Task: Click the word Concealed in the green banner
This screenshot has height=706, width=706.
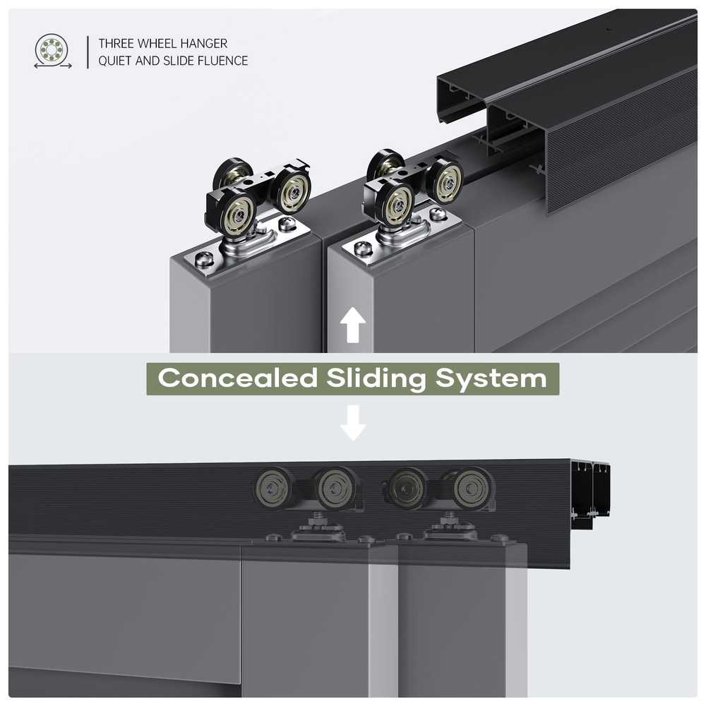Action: pos(238,378)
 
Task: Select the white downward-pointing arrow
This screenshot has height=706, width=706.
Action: pos(352,421)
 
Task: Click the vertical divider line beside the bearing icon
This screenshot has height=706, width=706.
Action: pos(88,52)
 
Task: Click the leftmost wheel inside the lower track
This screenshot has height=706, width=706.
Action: pos(273,488)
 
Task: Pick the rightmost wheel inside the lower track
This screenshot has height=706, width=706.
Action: pos(472,488)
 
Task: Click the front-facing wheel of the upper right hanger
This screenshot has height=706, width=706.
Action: pos(398,205)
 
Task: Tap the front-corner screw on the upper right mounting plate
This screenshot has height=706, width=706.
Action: pos(363,249)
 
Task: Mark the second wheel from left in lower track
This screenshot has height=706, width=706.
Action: pos(335,488)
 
